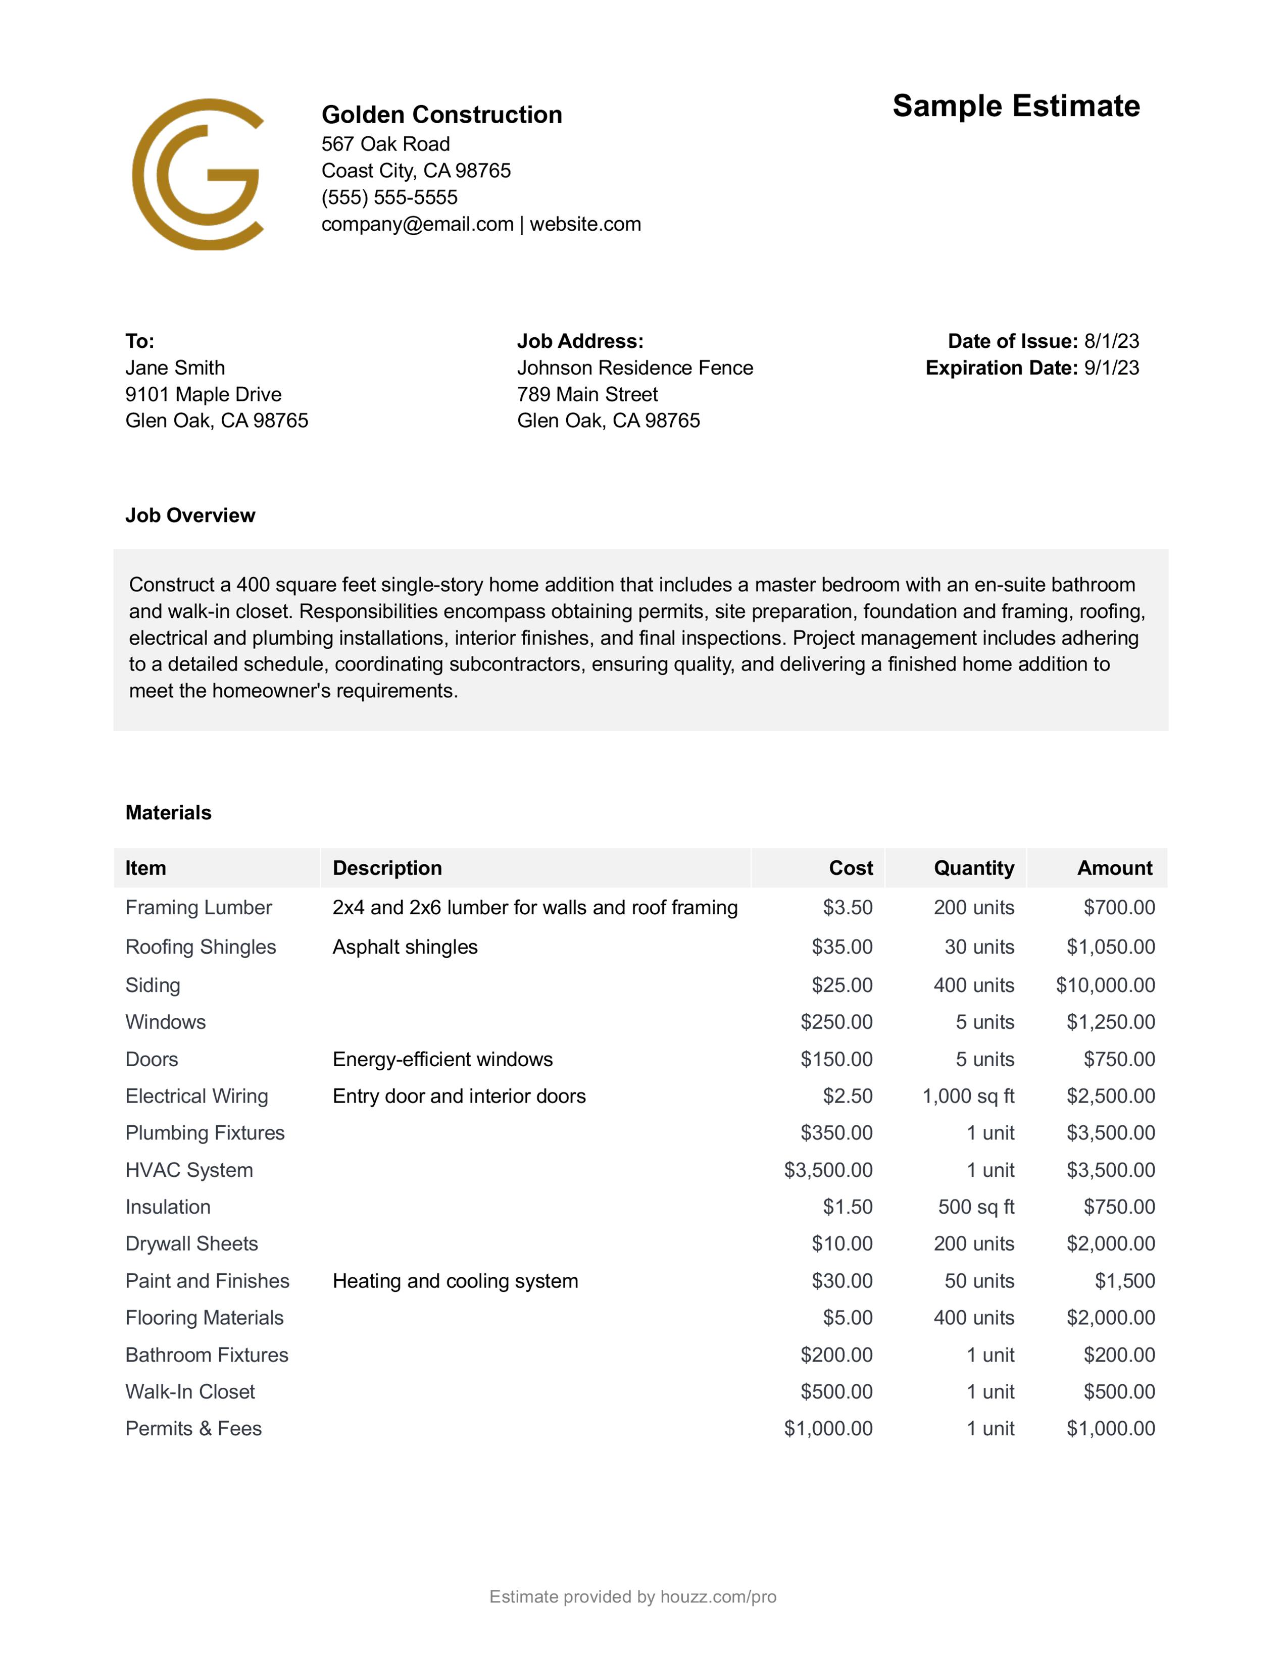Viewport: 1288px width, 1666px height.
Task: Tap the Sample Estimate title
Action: (x=1016, y=106)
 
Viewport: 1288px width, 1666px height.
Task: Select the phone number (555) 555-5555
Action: (x=389, y=197)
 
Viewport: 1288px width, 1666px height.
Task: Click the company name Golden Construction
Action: (x=442, y=115)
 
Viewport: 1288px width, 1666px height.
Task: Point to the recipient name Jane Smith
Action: (x=175, y=368)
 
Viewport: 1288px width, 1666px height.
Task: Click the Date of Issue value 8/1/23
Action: (x=1111, y=341)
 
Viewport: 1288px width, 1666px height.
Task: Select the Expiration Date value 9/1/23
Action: (x=1111, y=368)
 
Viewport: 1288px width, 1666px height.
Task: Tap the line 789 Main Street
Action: (x=587, y=394)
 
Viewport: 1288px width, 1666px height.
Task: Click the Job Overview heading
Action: (x=190, y=515)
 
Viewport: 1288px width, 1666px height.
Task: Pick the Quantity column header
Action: (x=974, y=868)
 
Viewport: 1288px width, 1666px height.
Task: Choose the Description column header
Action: (x=387, y=868)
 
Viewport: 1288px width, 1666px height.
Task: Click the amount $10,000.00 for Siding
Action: (x=1105, y=985)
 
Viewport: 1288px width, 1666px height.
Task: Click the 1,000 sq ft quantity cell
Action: (x=968, y=1096)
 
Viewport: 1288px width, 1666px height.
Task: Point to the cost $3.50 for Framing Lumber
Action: (x=847, y=908)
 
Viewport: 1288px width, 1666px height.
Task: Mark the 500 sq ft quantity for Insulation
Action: (x=976, y=1207)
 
